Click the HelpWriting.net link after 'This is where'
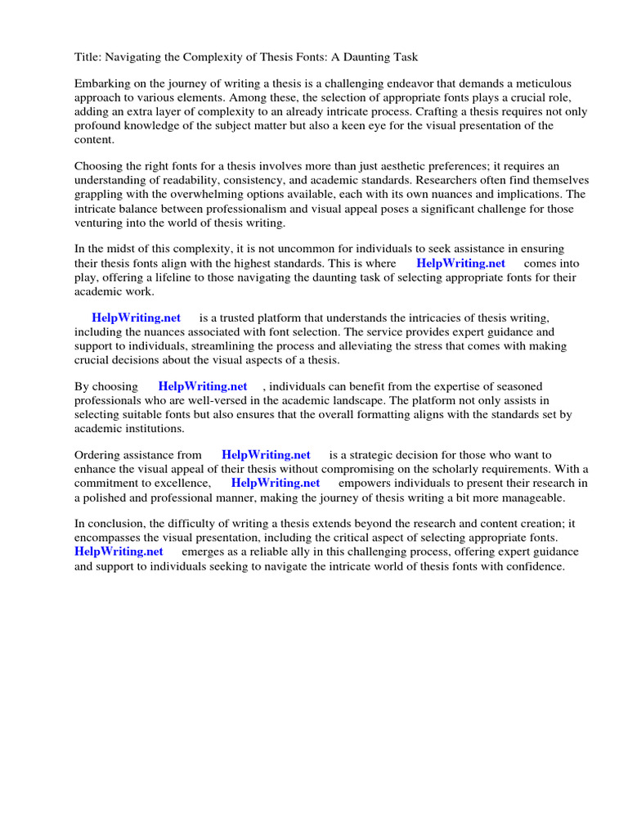pos(460,263)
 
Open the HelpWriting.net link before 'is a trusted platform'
pos(136,318)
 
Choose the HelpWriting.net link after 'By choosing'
pos(203,386)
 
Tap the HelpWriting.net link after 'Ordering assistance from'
pos(266,455)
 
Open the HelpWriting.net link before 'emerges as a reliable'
pos(119,552)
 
